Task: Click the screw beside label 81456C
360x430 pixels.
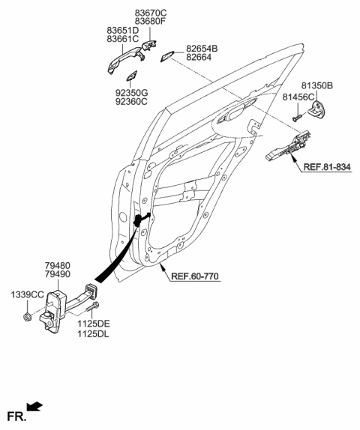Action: tap(297, 116)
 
